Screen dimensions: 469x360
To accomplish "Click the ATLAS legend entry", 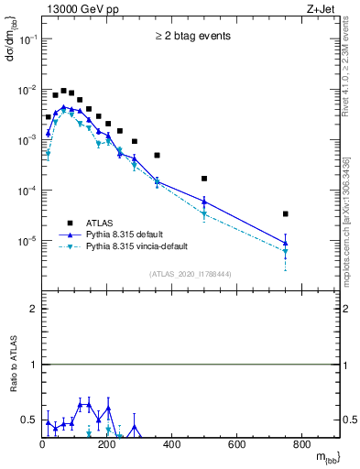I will point(98,222).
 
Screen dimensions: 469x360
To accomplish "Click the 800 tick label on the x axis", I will point(302,446).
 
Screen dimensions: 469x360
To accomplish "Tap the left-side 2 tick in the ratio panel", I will point(33,309).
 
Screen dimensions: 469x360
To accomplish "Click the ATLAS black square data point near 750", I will point(286,213).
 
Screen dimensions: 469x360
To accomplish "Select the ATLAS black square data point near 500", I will point(204,179).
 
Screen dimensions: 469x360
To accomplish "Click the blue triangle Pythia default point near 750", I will point(286,243).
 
